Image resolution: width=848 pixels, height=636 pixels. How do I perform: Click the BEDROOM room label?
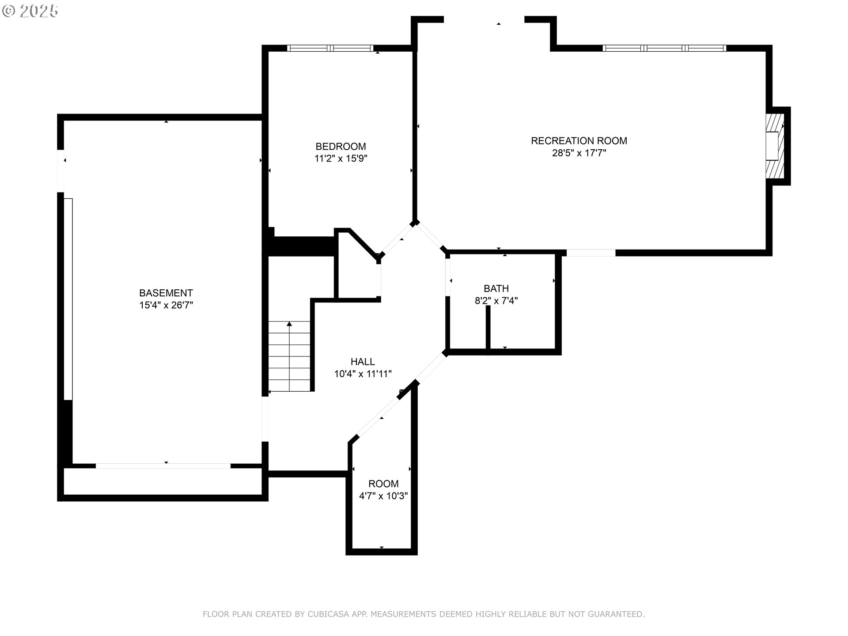pyautogui.click(x=341, y=146)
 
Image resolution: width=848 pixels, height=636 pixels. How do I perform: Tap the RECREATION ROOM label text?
pyautogui.click(x=579, y=140)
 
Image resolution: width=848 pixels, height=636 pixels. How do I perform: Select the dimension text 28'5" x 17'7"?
pyautogui.click(x=579, y=153)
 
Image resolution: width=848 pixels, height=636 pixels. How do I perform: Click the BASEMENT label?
pyautogui.click(x=166, y=293)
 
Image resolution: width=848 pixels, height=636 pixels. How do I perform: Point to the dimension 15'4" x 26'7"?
pyautogui.click(x=166, y=305)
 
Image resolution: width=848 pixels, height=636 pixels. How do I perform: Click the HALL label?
pyautogui.click(x=363, y=362)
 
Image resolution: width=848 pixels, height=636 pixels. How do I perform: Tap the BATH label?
pyautogui.click(x=496, y=288)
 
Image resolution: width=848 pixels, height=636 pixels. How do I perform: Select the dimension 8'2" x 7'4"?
pyautogui.click(x=496, y=301)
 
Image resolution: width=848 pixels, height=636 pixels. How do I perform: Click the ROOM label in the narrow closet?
pyautogui.click(x=383, y=484)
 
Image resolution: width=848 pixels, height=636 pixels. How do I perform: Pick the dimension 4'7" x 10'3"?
pyautogui.click(x=383, y=496)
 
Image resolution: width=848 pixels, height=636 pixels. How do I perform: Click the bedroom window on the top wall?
pyautogui.click(x=330, y=48)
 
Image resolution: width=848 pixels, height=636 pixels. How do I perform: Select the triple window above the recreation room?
pyautogui.click(x=664, y=48)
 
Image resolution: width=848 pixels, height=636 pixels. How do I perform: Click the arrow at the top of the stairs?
pyautogui.click(x=289, y=324)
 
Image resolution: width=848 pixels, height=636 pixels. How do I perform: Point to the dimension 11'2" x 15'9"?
pyautogui.click(x=341, y=159)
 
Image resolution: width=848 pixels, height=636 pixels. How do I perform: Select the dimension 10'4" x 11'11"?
pyautogui.click(x=363, y=374)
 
